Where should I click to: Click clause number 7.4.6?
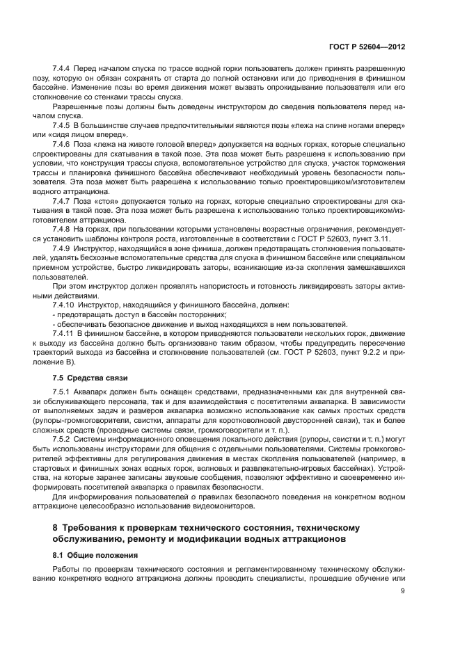point(63,143)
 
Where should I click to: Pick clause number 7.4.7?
point(63,201)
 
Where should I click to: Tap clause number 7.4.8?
point(63,229)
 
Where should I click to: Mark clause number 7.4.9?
point(63,248)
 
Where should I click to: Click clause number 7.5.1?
point(63,393)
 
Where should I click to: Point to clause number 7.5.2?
point(63,441)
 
